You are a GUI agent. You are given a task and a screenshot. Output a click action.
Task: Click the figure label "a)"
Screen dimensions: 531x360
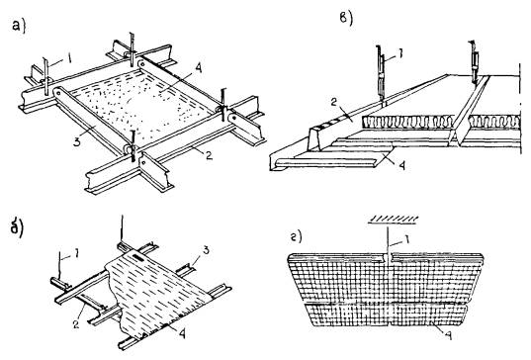19,27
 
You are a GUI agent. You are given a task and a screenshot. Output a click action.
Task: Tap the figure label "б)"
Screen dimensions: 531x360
17,228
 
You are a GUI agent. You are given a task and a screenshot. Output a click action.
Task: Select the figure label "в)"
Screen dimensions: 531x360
346,18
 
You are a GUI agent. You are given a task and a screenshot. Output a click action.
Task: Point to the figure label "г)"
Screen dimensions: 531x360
296,237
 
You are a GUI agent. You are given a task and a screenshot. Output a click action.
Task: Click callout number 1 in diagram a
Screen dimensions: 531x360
69,59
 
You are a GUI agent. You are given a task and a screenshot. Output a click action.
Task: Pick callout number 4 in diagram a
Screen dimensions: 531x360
198,69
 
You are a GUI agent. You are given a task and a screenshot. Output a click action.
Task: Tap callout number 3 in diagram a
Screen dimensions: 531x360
77,141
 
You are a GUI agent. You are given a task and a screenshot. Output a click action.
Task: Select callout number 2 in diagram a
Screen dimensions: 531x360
209,155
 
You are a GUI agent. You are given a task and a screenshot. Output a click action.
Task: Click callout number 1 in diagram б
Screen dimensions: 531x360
76,253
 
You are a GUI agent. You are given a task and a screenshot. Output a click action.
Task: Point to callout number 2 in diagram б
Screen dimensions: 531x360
76,324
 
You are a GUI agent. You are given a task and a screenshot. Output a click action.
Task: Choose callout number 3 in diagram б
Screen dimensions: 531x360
207,251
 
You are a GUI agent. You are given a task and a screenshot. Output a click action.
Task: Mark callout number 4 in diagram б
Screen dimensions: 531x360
182,334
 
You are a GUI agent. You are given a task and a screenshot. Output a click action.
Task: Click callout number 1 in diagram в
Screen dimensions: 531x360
399,54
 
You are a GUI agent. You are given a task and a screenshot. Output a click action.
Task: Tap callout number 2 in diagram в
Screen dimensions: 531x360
333,102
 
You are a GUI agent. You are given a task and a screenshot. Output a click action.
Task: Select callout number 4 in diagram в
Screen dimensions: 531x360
401,166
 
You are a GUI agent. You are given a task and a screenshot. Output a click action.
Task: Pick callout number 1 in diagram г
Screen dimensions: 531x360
406,239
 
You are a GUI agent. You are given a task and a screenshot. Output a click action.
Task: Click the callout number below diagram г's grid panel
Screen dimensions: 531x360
448,335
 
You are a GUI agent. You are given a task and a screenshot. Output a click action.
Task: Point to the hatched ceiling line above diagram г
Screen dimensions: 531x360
393,220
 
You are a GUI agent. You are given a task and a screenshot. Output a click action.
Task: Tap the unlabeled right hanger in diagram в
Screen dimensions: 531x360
473,61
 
